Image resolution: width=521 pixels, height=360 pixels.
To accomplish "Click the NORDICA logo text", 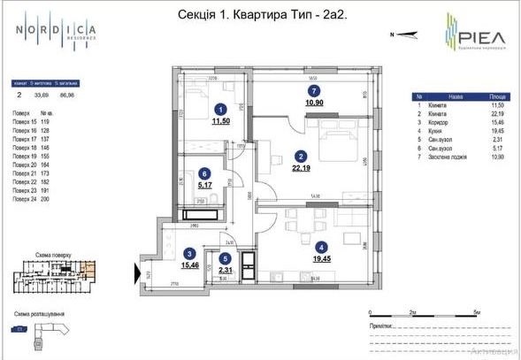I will pos(55,31).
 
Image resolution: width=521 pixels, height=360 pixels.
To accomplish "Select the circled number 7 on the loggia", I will pos(310,90).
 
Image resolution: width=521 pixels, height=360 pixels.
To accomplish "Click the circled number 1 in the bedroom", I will pos(220,110).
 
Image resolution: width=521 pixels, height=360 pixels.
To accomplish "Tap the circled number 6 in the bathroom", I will pos(204,174).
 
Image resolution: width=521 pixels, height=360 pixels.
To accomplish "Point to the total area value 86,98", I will pos(66,91).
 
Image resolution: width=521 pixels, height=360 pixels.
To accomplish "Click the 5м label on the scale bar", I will pos(477,313).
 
